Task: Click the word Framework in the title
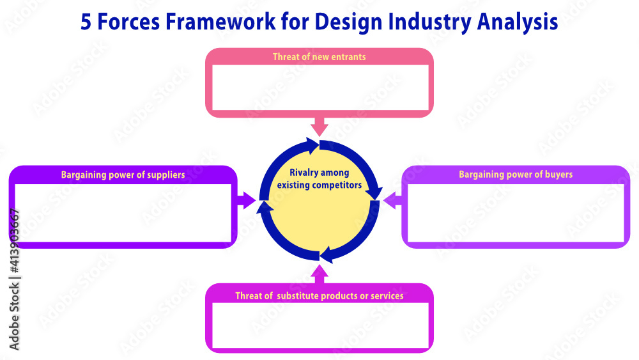point(219,22)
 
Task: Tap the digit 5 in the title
point(86,22)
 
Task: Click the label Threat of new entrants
point(319,57)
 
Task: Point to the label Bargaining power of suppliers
point(123,175)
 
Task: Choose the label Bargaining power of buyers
point(516,174)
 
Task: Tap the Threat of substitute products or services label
point(319,296)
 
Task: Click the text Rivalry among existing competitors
point(319,179)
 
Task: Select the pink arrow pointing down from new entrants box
point(319,125)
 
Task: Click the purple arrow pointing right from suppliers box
point(245,200)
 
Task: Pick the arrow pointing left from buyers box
point(393,200)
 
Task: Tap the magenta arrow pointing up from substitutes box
point(319,275)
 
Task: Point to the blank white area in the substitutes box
point(319,325)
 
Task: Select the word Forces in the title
point(130,22)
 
